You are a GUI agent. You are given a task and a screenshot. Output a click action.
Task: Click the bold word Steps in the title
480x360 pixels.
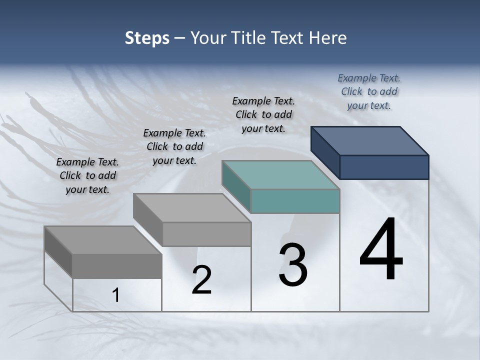coord(147,38)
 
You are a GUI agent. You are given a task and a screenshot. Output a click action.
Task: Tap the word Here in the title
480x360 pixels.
coord(327,38)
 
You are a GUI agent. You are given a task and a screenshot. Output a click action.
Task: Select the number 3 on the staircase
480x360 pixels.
coord(292,265)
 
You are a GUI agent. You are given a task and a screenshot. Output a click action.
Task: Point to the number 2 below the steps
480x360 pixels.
coord(201,280)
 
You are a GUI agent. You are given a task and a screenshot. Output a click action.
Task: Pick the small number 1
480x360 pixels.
coord(116,295)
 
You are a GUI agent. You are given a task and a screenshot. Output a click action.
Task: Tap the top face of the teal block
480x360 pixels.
coord(280,175)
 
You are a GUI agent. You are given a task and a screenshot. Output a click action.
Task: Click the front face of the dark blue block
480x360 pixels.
coord(384,167)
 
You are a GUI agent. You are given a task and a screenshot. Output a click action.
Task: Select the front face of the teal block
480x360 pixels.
coord(295,201)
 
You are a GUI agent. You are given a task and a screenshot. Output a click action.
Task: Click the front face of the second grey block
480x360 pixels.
coord(206,234)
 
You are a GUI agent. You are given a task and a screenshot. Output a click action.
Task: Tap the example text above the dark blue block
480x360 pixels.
coord(369,92)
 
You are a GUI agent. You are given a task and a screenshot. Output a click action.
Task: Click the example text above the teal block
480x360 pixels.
coord(263,115)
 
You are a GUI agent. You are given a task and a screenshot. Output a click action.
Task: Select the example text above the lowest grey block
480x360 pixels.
coord(87,176)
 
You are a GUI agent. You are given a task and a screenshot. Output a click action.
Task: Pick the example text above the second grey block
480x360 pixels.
coord(174,147)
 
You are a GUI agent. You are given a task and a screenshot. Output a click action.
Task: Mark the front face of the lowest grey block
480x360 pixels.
coord(117,266)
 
